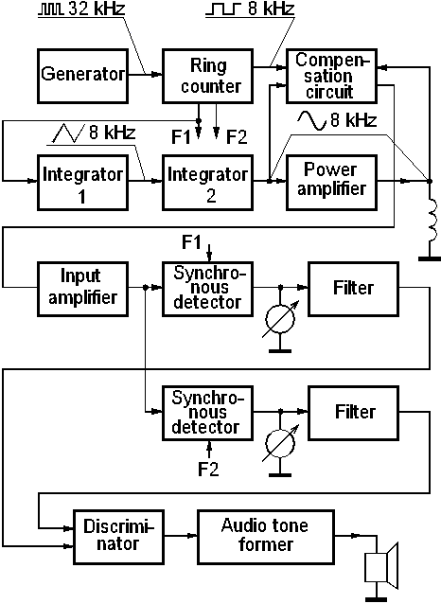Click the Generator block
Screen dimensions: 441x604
coord(83,76)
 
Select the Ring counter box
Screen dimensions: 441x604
coord(207,76)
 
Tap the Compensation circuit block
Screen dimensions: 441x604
coord(331,76)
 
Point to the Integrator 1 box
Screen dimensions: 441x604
coord(83,183)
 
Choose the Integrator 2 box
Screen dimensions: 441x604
coord(207,183)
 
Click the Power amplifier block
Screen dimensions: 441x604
coord(331,183)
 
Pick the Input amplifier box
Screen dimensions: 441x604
coord(83,290)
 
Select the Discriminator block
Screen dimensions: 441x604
coord(118,537)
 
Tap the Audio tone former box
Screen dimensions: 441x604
coord(266,537)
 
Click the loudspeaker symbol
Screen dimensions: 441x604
coord(381,566)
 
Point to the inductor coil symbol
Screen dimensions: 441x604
coord(432,220)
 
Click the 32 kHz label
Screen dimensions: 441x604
coord(97,9)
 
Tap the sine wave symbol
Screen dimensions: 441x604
coord(311,120)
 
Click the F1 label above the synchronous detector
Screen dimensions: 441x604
coord(191,242)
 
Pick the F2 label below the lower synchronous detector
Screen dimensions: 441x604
coord(208,470)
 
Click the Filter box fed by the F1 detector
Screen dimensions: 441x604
coord(353,290)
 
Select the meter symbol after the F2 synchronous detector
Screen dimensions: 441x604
coord(280,444)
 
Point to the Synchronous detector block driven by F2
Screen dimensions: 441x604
coord(207,413)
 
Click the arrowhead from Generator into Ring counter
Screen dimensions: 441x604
coord(157,74)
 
